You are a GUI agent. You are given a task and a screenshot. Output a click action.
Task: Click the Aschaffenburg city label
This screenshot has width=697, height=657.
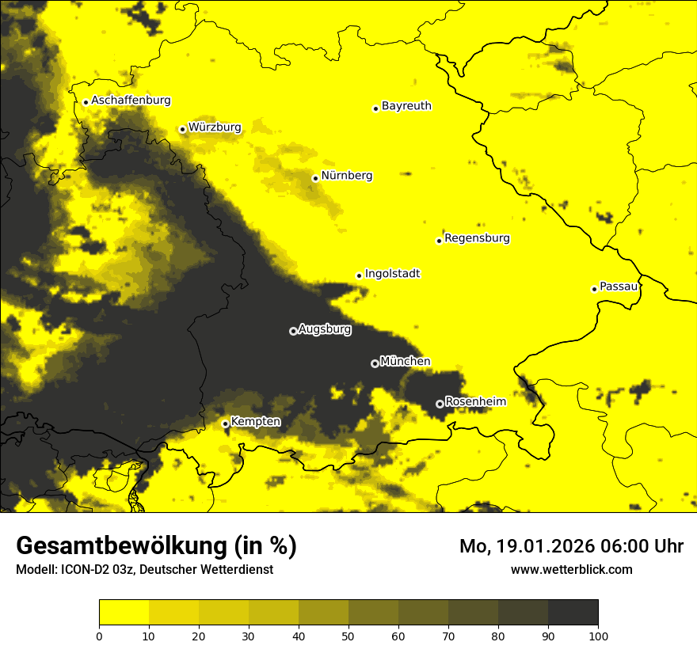click(131, 101)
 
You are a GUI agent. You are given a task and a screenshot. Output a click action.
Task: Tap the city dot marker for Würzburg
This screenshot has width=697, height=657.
click(182, 129)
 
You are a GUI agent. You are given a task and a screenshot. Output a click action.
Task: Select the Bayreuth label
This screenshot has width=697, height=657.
click(406, 105)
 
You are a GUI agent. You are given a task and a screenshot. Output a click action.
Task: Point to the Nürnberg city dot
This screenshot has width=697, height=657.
click(315, 178)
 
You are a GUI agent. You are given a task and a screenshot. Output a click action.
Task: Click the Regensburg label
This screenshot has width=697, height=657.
click(477, 237)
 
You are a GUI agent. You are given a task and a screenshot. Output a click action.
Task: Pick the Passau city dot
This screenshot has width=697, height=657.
click(594, 289)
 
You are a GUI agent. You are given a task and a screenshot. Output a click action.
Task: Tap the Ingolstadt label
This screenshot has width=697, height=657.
click(392, 273)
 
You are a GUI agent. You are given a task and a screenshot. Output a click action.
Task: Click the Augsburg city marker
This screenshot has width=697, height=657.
click(293, 331)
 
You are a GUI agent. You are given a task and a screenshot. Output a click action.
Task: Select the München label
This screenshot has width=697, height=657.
click(405, 361)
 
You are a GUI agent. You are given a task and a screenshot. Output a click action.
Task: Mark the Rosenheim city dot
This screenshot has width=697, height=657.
click(440, 404)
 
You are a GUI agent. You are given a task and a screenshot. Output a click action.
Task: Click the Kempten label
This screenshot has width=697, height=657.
click(255, 421)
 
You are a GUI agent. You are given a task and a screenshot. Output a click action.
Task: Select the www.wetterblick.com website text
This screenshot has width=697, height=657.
click(571, 569)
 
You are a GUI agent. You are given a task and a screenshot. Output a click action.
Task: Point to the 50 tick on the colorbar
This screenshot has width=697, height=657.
click(348, 635)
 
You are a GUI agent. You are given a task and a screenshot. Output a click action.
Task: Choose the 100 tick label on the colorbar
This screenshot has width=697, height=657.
click(598, 635)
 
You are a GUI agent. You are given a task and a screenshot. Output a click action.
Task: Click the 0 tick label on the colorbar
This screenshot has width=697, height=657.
click(99, 635)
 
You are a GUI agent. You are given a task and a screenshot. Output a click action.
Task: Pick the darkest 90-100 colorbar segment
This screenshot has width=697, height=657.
click(573, 613)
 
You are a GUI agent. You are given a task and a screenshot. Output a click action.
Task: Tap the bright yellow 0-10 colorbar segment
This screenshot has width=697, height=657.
click(124, 613)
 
